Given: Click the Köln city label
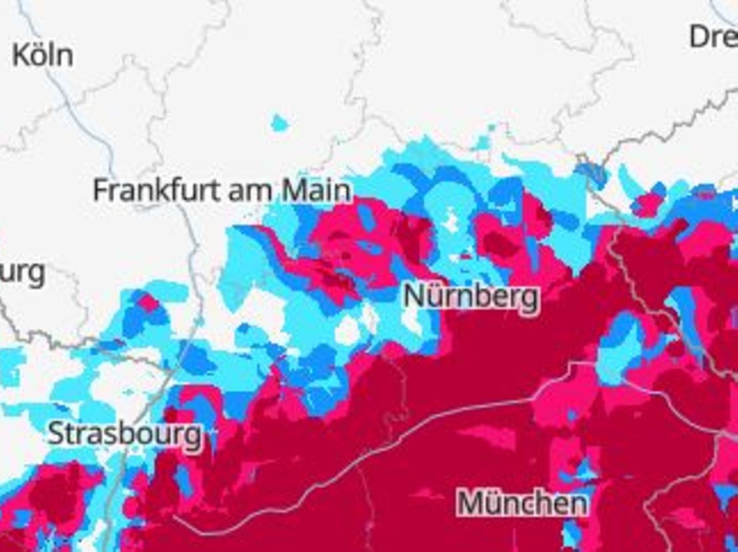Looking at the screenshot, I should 43,55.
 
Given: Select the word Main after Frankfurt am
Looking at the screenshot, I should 317,190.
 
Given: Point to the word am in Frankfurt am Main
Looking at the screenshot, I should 250,191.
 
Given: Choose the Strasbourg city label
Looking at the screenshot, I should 125,434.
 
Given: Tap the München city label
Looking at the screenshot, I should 522,502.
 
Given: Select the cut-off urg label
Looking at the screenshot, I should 23,274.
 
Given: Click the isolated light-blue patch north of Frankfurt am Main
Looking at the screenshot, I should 280,123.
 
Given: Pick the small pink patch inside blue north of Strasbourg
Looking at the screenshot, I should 149,303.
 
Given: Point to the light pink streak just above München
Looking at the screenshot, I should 487,435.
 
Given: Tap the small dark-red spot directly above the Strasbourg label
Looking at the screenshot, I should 171,414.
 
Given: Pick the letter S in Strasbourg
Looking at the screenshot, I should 57,434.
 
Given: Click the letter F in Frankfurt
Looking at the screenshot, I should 101,190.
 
